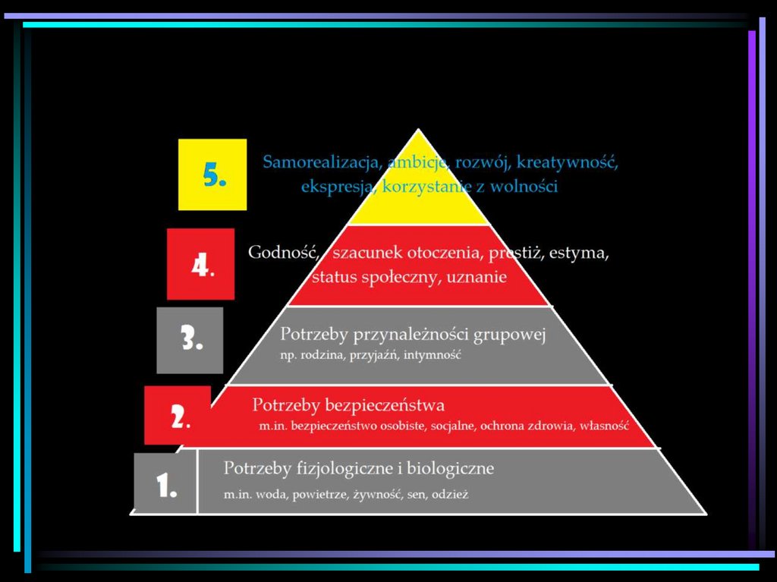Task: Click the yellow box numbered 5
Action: coord(212,175)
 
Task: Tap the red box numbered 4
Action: coord(200,264)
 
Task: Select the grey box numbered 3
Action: coord(190,340)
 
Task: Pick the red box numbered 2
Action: coord(178,415)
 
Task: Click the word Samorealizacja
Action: coord(322,162)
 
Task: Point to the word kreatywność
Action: coord(568,162)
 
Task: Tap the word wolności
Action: coord(524,187)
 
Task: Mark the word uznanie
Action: coord(477,277)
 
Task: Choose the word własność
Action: coord(605,426)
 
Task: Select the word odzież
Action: coord(451,495)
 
